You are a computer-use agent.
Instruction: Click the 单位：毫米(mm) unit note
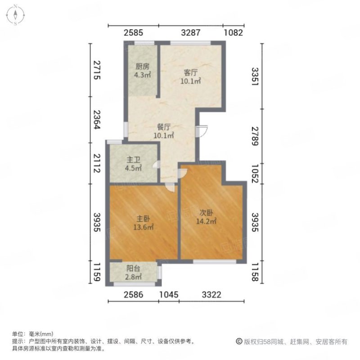(x=33, y=334)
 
